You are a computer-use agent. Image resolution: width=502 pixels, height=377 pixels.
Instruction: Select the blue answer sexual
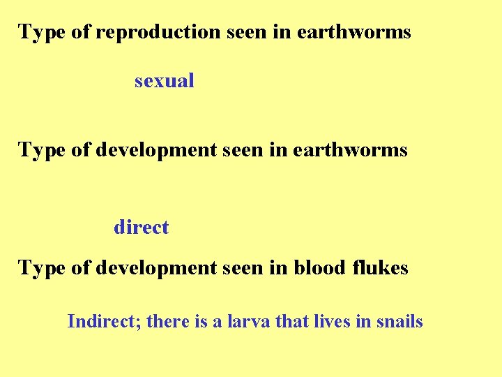165,81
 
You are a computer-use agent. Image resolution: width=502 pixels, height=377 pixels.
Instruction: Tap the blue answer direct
141,228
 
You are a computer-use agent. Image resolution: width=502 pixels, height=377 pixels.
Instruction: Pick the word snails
399,322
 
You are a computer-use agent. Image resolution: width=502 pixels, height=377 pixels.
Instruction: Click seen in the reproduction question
245,32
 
